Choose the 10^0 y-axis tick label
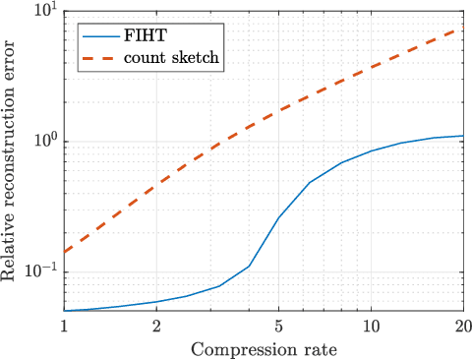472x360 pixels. (x=42, y=141)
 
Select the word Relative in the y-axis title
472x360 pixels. (x=10, y=252)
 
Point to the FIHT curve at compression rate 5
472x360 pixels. (x=278, y=217)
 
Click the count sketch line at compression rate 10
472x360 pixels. (x=371, y=66)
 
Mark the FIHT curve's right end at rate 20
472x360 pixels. (x=463, y=136)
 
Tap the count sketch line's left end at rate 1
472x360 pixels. (x=65, y=252)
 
